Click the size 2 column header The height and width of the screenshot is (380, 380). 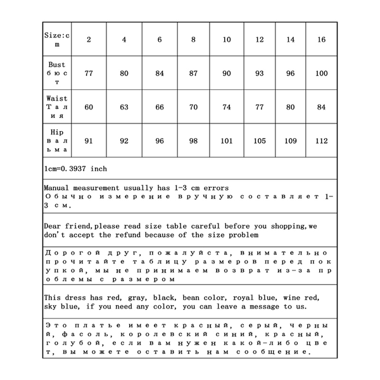(89, 40)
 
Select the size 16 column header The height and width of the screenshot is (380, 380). (322, 40)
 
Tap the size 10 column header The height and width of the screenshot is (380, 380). (227, 40)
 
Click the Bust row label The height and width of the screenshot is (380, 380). (57, 73)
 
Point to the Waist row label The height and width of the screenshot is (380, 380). (57, 107)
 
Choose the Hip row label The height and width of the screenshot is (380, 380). (57, 141)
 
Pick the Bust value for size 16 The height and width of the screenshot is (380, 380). (322, 73)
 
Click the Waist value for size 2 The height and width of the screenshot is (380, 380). (89, 107)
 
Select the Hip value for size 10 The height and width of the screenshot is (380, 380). (227, 141)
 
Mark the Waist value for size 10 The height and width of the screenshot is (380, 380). (227, 107)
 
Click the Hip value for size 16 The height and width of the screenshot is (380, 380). (322, 141)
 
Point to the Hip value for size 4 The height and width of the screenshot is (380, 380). (124, 141)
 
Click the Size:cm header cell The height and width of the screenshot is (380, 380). (57, 40)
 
